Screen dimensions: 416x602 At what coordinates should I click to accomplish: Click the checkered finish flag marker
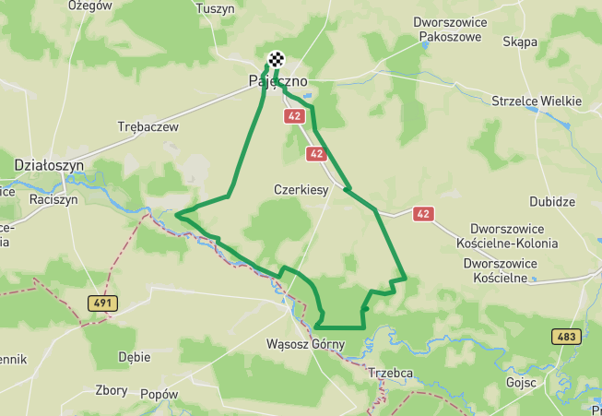(276, 61)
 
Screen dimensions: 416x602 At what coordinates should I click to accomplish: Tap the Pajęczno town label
(277, 82)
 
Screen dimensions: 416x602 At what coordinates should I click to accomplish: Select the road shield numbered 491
(103, 303)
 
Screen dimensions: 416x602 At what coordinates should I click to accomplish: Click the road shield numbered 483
(566, 337)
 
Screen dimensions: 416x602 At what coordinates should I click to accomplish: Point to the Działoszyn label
(49, 164)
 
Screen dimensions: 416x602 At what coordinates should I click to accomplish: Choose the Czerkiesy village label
(301, 189)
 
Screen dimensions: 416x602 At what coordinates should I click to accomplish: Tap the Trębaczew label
(148, 127)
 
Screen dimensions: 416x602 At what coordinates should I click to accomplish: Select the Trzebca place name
(390, 374)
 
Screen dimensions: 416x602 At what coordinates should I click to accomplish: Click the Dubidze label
(552, 202)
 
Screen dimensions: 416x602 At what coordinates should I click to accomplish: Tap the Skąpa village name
(520, 42)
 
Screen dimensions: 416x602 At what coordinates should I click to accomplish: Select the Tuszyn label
(217, 7)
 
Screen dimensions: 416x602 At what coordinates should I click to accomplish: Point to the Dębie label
(135, 356)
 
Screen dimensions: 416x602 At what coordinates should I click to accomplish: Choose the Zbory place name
(112, 390)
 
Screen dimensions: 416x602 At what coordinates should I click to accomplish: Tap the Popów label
(159, 394)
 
